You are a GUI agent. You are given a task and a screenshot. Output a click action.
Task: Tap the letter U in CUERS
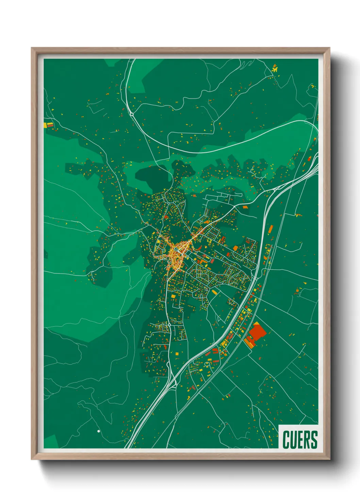pyautogui.click(x=293, y=440)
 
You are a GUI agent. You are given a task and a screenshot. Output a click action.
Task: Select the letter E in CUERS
pyautogui.click(x=300, y=440)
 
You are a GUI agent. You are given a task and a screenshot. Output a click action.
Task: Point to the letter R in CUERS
pyautogui.click(x=307, y=440)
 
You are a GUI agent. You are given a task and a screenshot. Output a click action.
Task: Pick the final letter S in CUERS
pyautogui.click(x=314, y=440)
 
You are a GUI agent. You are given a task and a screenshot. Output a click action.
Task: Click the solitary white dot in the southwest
pyautogui.click(x=99, y=431)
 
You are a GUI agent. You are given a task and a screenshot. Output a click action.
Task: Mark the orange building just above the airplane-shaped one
pyautogui.click(x=274, y=65)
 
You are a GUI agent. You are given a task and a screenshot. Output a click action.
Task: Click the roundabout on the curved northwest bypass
pyautogui.click(x=132, y=114)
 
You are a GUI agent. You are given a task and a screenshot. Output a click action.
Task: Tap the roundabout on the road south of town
pyautogui.click(x=169, y=325)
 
